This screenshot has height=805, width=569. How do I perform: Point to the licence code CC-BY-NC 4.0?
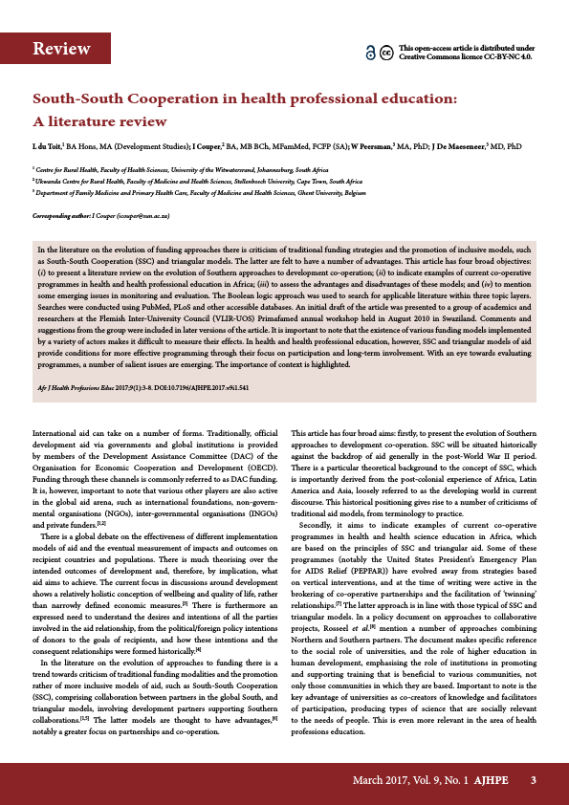pos(511,56)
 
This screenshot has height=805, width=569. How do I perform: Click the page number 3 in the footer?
pos(534,780)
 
